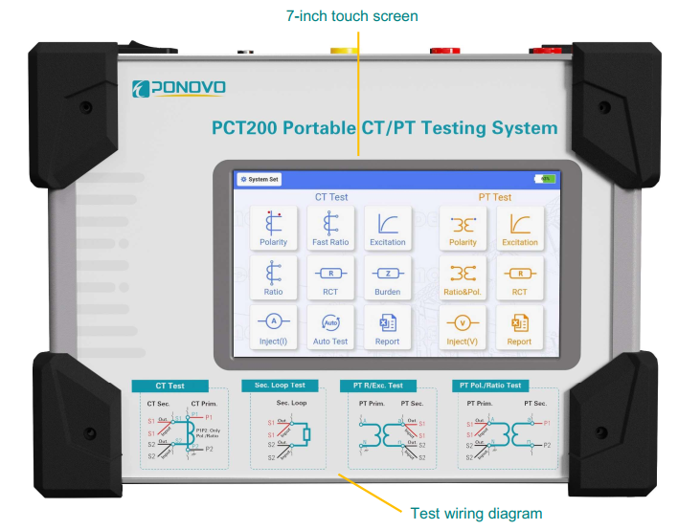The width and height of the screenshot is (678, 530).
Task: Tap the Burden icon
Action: (x=388, y=277)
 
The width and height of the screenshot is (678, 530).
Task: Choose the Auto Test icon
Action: (x=331, y=327)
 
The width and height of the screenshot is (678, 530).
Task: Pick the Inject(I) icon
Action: (x=274, y=327)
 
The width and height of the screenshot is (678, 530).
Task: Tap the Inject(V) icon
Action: (x=463, y=327)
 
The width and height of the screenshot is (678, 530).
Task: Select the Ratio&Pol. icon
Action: (x=463, y=277)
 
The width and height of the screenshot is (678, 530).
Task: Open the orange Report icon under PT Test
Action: (x=519, y=327)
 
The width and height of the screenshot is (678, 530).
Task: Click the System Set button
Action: (x=260, y=179)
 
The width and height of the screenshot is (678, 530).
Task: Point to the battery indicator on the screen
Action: (x=544, y=179)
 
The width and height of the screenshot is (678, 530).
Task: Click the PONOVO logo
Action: (x=179, y=89)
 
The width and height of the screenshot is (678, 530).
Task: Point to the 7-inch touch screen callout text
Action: (x=352, y=16)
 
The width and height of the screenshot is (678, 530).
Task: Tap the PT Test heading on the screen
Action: (x=494, y=197)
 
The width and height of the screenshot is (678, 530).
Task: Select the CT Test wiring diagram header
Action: (x=169, y=386)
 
